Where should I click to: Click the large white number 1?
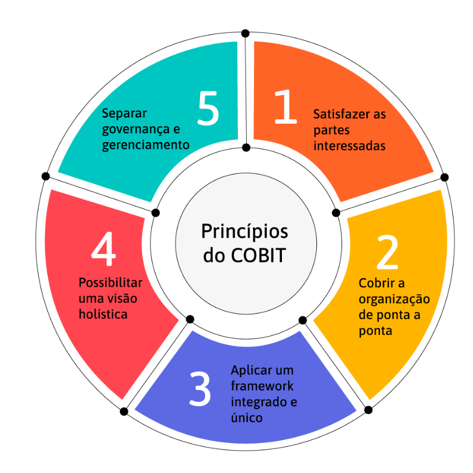click(x=286, y=106)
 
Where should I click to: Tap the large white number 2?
click(x=388, y=252)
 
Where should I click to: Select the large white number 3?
click(x=200, y=388)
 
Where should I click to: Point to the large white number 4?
click(x=103, y=249)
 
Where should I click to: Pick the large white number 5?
click(x=208, y=108)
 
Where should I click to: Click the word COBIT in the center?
click(x=258, y=256)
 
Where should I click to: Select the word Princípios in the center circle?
click(x=245, y=232)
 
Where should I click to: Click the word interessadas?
click(x=349, y=146)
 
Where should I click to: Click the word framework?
click(x=262, y=386)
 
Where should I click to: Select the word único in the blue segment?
click(x=246, y=418)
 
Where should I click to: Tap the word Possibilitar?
click(x=110, y=283)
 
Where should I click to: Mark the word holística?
click(x=103, y=314)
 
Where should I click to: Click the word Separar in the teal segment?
click(x=124, y=114)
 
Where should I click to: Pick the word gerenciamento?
click(x=145, y=145)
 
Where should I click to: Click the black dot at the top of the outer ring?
click(x=245, y=33)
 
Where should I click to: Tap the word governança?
click(x=136, y=130)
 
